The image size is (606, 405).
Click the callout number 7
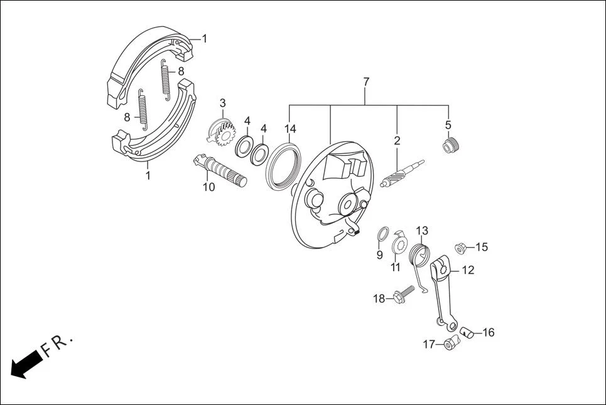point(366,82)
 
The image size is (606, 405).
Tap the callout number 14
point(289,129)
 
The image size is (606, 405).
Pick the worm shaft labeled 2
point(402,173)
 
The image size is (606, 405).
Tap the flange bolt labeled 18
point(402,294)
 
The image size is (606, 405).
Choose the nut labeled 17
point(450,344)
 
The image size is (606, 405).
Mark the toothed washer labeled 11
point(399,242)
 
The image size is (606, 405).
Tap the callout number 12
point(468,271)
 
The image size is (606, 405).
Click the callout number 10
point(208,186)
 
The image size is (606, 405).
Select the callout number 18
point(379,299)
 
